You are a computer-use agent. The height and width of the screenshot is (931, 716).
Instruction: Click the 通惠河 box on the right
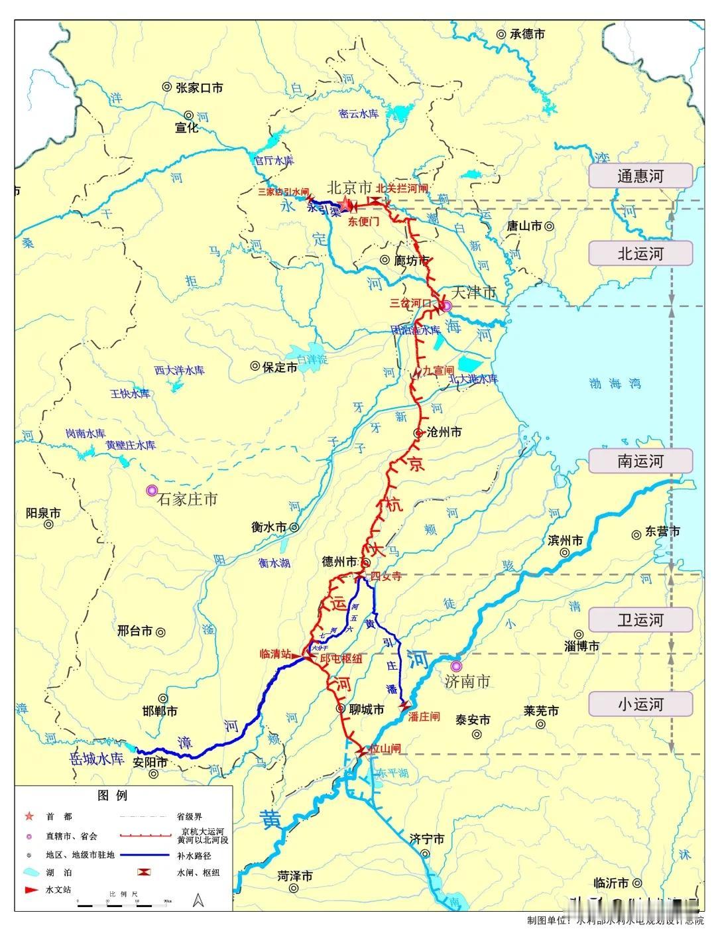(x=640, y=176)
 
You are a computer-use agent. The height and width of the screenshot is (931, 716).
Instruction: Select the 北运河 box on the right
(x=640, y=253)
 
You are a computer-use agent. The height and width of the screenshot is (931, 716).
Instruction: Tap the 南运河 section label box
(x=640, y=461)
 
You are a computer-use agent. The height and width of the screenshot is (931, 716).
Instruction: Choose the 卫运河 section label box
(x=640, y=620)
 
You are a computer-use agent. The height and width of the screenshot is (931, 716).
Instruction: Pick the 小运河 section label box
(x=640, y=704)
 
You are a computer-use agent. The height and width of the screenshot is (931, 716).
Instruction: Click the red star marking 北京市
(x=345, y=206)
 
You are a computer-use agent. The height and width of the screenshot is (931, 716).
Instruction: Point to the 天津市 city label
(x=473, y=292)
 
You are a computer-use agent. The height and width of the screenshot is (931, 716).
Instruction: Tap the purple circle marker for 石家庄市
(x=152, y=490)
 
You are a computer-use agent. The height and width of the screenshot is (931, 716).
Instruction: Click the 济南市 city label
(x=468, y=681)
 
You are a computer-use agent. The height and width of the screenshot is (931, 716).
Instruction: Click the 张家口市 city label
(x=198, y=88)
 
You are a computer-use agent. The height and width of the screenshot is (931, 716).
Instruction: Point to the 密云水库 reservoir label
(x=358, y=114)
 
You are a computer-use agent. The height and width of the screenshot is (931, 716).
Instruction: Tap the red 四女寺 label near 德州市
(x=387, y=576)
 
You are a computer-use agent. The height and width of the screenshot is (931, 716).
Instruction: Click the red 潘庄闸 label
(x=424, y=716)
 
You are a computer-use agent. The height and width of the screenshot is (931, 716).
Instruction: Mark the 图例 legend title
(x=113, y=795)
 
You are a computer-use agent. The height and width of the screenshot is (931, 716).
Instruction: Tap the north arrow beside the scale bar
(x=198, y=900)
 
